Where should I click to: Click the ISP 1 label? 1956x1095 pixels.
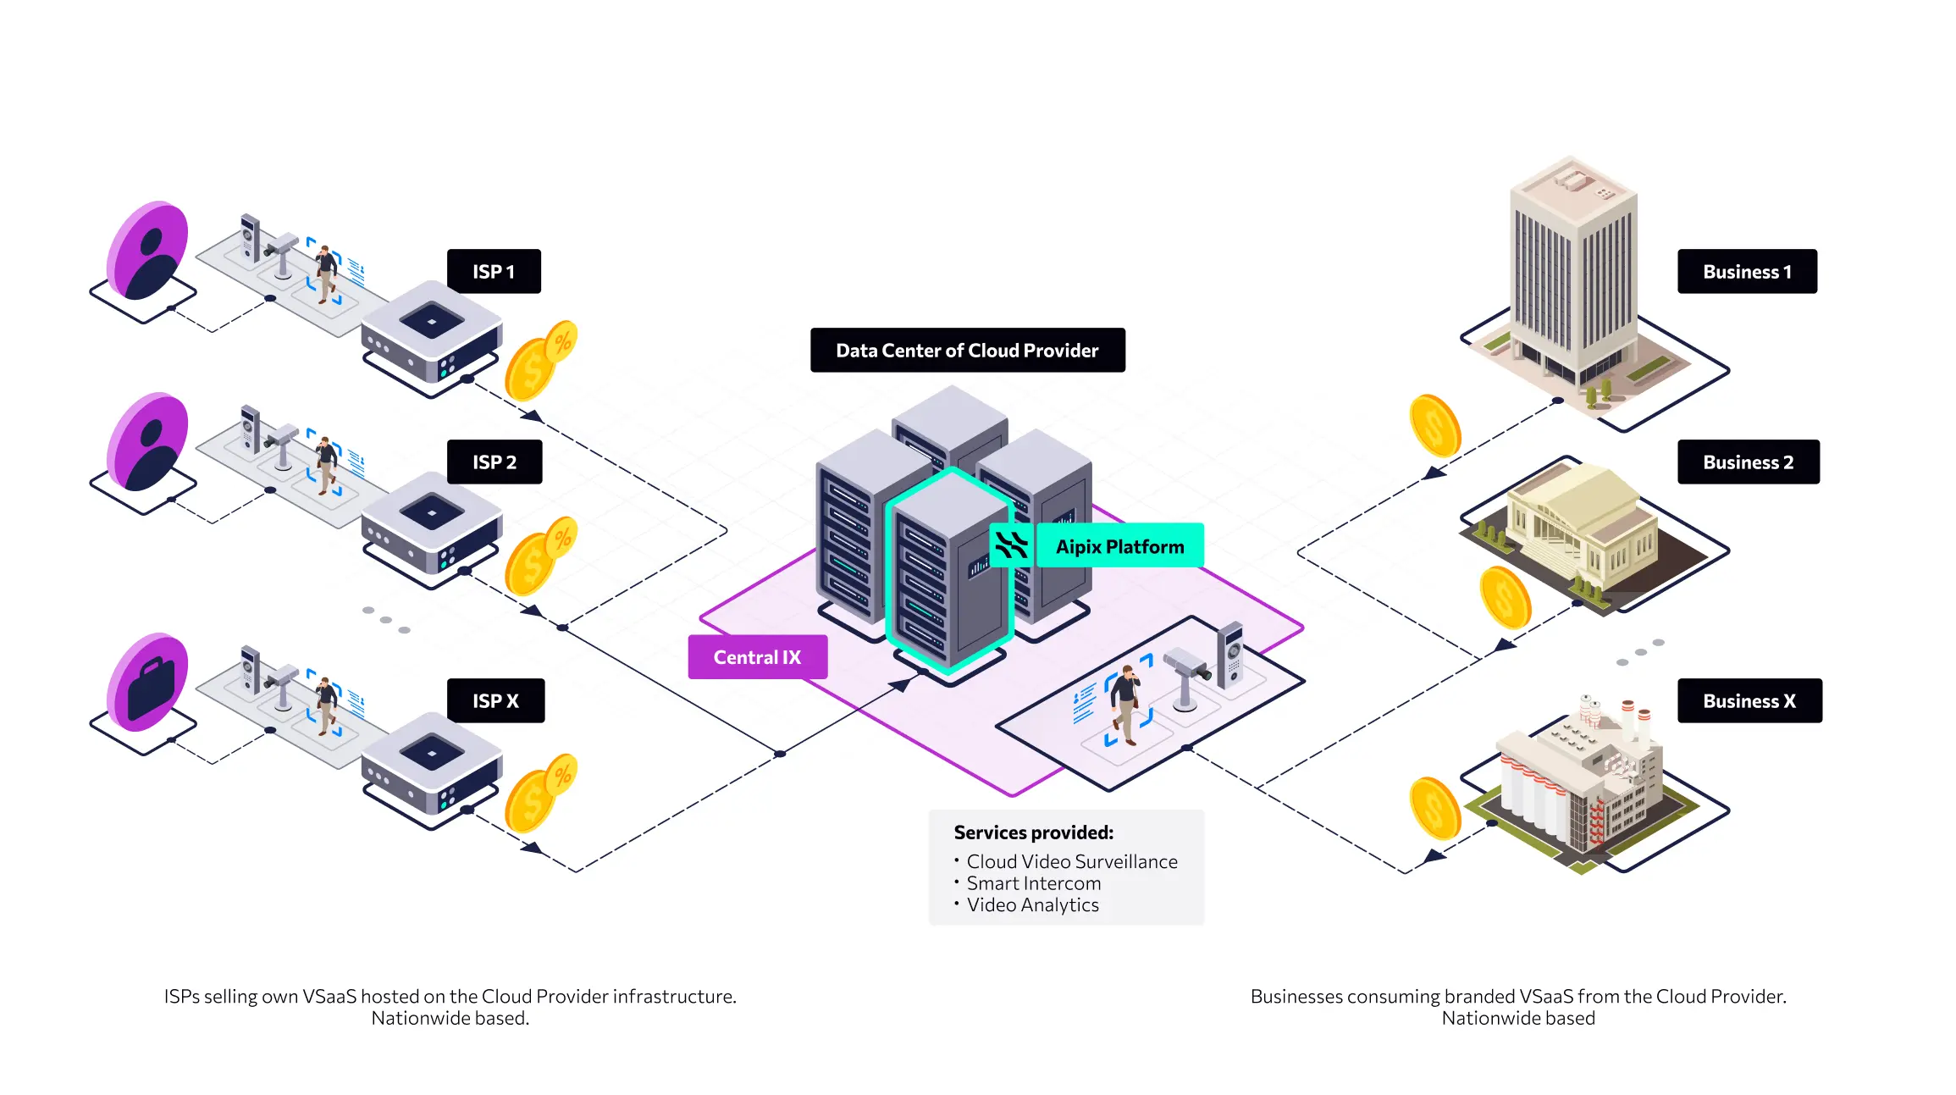coord(494,272)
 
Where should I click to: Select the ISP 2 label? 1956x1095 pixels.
coord(495,462)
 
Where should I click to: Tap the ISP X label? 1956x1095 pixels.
coord(495,701)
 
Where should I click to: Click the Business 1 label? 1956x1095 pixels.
coord(1747,272)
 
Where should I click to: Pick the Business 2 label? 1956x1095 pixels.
coord(1748,462)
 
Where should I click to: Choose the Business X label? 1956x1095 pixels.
coord(1749,701)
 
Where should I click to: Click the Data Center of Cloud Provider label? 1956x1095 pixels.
coord(967,351)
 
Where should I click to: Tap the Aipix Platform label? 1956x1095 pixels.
coord(1119,547)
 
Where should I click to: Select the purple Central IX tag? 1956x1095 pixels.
coord(757,657)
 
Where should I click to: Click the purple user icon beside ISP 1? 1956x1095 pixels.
coord(150,252)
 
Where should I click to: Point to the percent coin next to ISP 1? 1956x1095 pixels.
coord(561,342)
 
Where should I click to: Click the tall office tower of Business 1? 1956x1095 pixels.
coord(1573,271)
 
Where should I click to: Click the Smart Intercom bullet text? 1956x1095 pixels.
coord(1033,883)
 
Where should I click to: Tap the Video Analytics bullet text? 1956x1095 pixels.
coord(1032,905)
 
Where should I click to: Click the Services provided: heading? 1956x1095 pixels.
coord(1033,832)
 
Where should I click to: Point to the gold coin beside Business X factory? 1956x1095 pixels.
coord(1434,808)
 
